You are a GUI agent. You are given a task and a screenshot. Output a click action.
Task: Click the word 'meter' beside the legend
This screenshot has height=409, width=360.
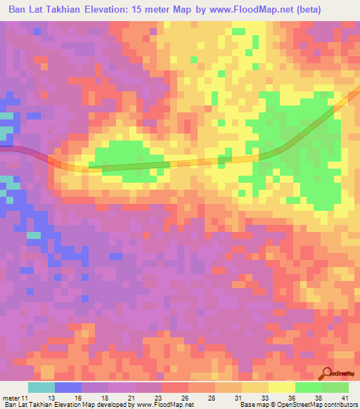[12, 396]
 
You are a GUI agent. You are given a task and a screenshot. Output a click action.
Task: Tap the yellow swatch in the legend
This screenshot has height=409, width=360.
[281, 387]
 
